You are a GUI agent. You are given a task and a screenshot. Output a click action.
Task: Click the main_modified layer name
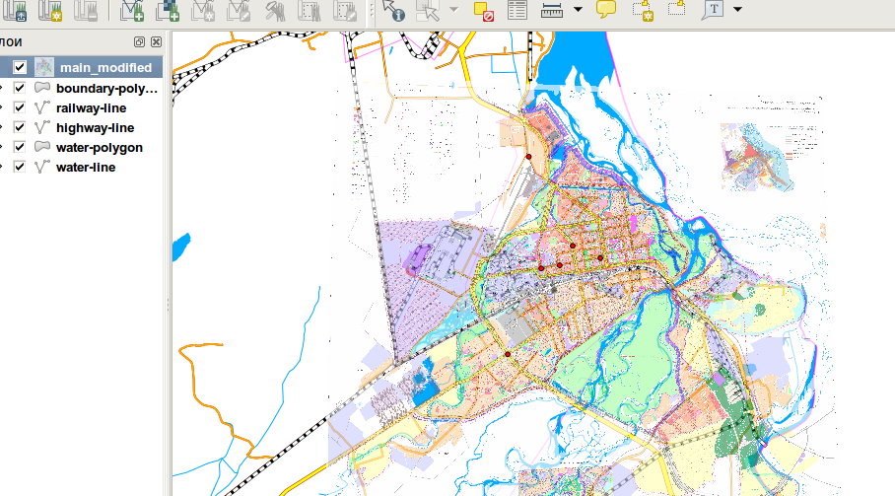[x=105, y=68]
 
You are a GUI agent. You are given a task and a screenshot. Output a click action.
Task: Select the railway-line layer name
[x=92, y=107]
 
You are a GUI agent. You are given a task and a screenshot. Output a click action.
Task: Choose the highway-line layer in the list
[x=95, y=127]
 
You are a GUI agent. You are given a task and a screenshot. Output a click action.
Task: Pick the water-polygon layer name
[x=99, y=147]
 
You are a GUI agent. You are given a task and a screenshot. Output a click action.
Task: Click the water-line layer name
[x=86, y=167]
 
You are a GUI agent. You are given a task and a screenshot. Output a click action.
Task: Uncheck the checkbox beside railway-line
[x=20, y=107]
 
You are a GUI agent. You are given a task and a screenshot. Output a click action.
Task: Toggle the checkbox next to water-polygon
[x=20, y=147]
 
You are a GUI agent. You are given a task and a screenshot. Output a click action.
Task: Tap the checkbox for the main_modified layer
[x=20, y=68]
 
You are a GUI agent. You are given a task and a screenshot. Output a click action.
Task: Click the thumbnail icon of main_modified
[x=44, y=68]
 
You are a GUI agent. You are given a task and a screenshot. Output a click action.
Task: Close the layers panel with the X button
[x=156, y=42]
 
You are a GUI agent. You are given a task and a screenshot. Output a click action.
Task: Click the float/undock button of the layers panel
[x=140, y=42]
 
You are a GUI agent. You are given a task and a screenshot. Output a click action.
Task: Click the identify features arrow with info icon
[x=393, y=11]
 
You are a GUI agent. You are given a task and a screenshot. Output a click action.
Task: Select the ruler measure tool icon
[x=552, y=11]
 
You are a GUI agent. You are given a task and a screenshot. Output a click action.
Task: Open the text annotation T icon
[x=712, y=11]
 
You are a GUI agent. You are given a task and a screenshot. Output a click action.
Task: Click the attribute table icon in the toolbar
[x=516, y=11]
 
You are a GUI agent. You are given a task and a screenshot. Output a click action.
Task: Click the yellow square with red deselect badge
[x=483, y=11]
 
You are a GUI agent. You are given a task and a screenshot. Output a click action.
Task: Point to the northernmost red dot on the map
[x=528, y=157]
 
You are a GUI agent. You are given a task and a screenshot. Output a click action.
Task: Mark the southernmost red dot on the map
[x=508, y=354]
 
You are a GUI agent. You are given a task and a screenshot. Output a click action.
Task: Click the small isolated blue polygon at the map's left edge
[x=180, y=247]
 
